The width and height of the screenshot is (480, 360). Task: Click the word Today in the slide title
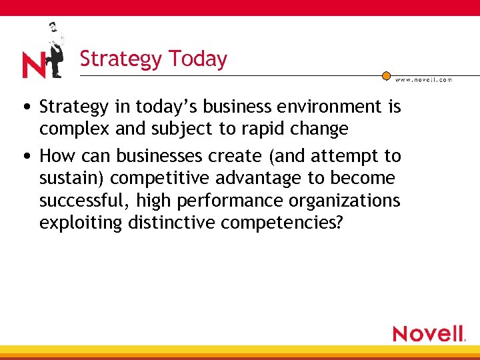[198, 59]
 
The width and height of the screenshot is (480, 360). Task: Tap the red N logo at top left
[33, 65]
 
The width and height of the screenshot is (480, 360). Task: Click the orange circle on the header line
[386, 76]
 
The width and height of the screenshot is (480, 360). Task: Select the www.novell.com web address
[423, 80]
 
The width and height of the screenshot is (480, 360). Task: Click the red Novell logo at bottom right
[429, 333]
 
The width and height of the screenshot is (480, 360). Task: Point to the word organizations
[349, 200]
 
